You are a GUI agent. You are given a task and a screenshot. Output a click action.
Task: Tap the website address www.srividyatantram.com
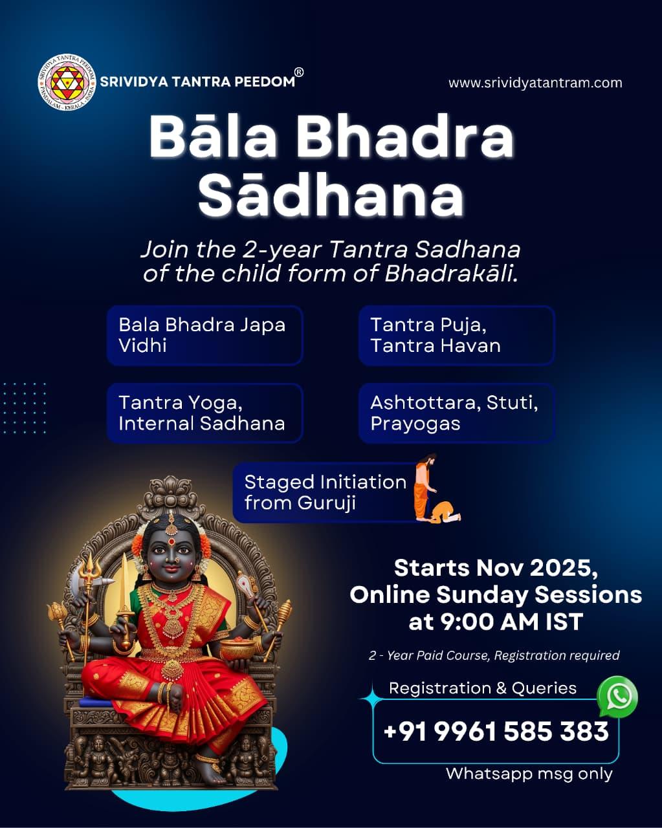click(535, 83)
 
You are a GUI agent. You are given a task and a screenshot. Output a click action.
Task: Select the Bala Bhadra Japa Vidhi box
click(204, 335)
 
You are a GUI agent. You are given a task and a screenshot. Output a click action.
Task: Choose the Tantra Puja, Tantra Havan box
click(456, 335)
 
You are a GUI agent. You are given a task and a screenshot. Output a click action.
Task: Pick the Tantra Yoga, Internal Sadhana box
click(204, 413)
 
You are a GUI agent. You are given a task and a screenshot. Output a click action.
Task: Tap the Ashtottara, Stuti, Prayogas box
click(456, 413)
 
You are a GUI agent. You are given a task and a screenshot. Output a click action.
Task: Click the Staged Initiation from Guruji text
click(325, 492)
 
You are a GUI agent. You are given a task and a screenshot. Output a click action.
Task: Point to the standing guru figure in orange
click(425, 486)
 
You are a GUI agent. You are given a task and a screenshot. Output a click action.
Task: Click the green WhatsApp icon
click(617, 697)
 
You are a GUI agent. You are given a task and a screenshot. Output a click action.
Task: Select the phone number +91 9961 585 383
click(496, 731)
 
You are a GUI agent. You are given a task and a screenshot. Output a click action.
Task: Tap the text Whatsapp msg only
click(529, 774)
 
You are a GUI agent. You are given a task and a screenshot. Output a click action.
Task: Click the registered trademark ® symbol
click(298, 72)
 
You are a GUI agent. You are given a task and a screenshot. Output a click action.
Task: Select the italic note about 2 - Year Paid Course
click(494, 656)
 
